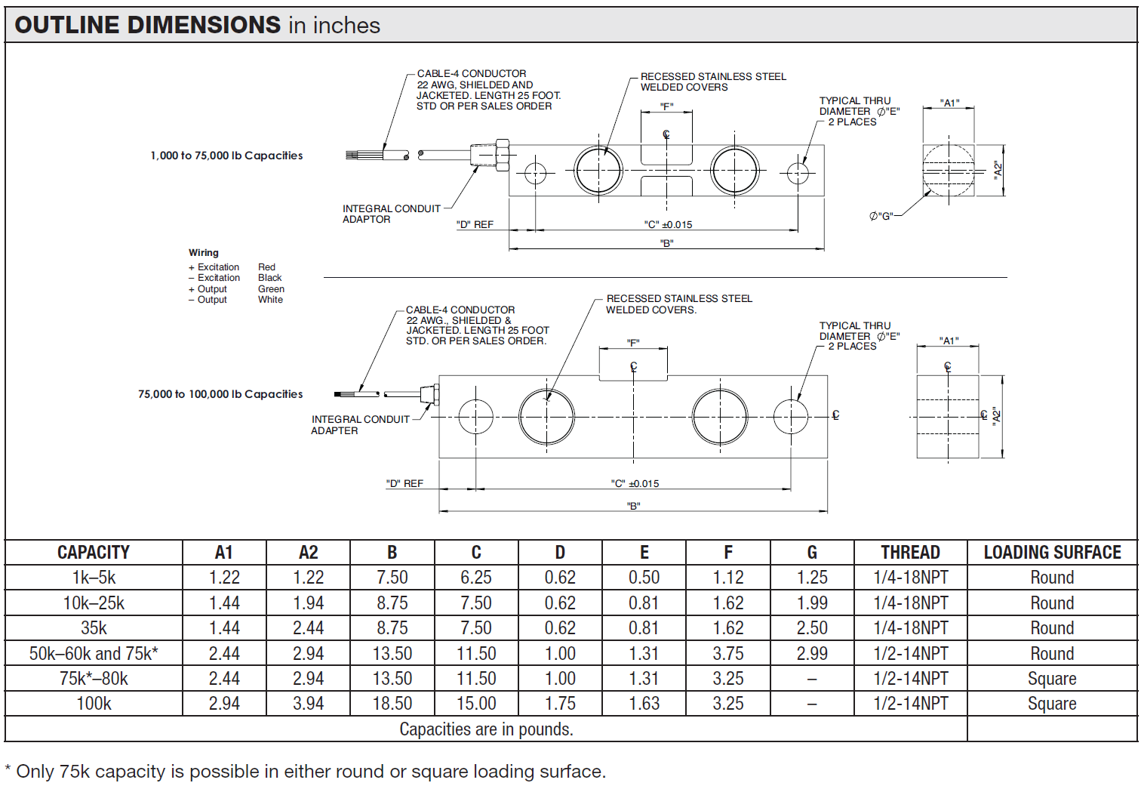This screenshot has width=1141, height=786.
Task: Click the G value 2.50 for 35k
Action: pyautogui.click(x=812, y=627)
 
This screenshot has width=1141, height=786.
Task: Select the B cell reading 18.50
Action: pyautogui.click(x=392, y=704)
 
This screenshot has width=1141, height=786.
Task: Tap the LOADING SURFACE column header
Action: pyautogui.click(x=1052, y=552)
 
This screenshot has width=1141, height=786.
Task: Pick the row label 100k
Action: pyautogui.click(x=94, y=704)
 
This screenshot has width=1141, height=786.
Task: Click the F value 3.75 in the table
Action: pyautogui.click(x=728, y=653)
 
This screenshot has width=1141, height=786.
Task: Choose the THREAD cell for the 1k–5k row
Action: pyautogui.click(x=910, y=578)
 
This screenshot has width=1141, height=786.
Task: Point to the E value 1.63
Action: pyautogui.click(x=644, y=704)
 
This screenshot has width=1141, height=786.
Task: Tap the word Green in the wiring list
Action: pyautogui.click(x=271, y=289)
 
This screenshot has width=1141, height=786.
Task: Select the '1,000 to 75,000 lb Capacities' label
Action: pyautogui.click(x=226, y=156)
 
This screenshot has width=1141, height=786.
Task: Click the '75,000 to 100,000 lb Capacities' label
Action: pyautogui.click(x=220, y=394)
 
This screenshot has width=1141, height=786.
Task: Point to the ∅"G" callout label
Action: pyautogui.click(x=881, y=216)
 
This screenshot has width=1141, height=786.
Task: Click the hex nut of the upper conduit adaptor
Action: pyautogui.click(x=502, y=155)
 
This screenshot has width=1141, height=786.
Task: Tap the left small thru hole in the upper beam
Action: pyautogui.click(x=535, y=174)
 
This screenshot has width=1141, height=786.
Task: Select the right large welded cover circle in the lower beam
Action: pyautogui.click(x=720, y=417)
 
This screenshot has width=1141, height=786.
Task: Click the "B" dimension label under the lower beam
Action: pyautogui.click(x=633, y=506)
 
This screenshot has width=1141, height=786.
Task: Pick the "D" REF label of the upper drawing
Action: pyautogui.click(x=475, y=225)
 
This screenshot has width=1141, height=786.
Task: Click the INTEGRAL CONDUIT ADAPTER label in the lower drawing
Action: pyautogui.click(x=360, y=424)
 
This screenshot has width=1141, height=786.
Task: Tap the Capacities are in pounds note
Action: pyautogui.click(x=486, y=729)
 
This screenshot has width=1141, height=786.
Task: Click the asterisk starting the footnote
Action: pyautogui.click(x=8, y=768)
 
